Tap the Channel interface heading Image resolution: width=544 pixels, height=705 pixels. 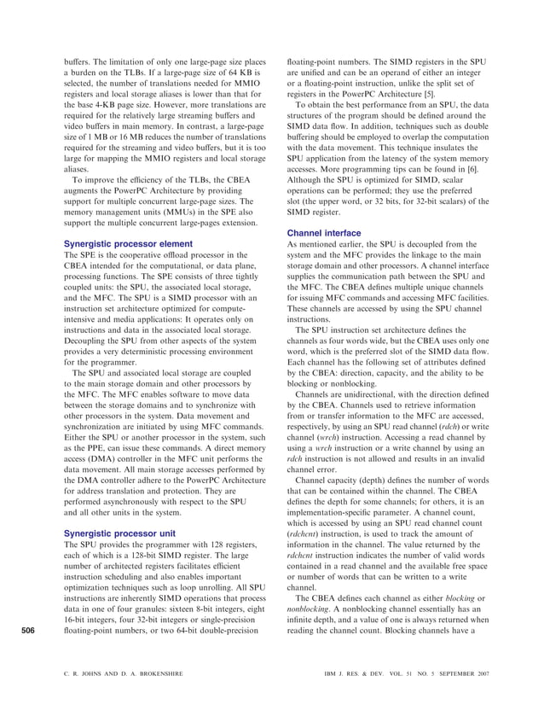tap(324, 232)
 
